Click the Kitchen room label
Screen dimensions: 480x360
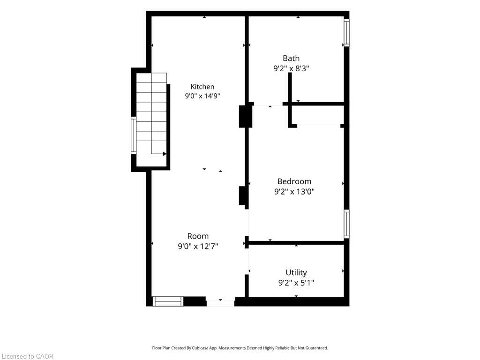coord(202,87)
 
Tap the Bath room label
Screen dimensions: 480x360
coord(291,58)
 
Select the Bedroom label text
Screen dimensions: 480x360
coord(294,181)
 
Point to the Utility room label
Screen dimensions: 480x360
coord(296,272)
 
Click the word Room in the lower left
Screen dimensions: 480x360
coord(198,236)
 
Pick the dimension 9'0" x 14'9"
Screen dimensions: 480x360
coord(202,96)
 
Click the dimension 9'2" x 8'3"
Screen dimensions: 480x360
coord(291,68)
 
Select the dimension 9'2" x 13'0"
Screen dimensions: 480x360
coord(294,192)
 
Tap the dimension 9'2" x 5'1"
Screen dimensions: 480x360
coord(296,283)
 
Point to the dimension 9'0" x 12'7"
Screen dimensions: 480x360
coord(198,246)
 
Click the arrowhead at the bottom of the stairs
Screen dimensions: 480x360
coord(165,154)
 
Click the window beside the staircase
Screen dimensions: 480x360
coord(134,135)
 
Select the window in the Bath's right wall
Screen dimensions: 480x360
coord(346,33)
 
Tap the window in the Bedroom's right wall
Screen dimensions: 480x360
coord(346,224)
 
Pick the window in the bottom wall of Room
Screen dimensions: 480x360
coord(168,301)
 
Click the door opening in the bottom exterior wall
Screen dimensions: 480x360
coord(220,303)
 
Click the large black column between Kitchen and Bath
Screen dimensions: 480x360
coord(246,116)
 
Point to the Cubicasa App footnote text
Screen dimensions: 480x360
coord(240,348)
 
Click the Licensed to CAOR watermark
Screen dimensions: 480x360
coord(28,356)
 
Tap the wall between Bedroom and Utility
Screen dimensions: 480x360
coord(296,243)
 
